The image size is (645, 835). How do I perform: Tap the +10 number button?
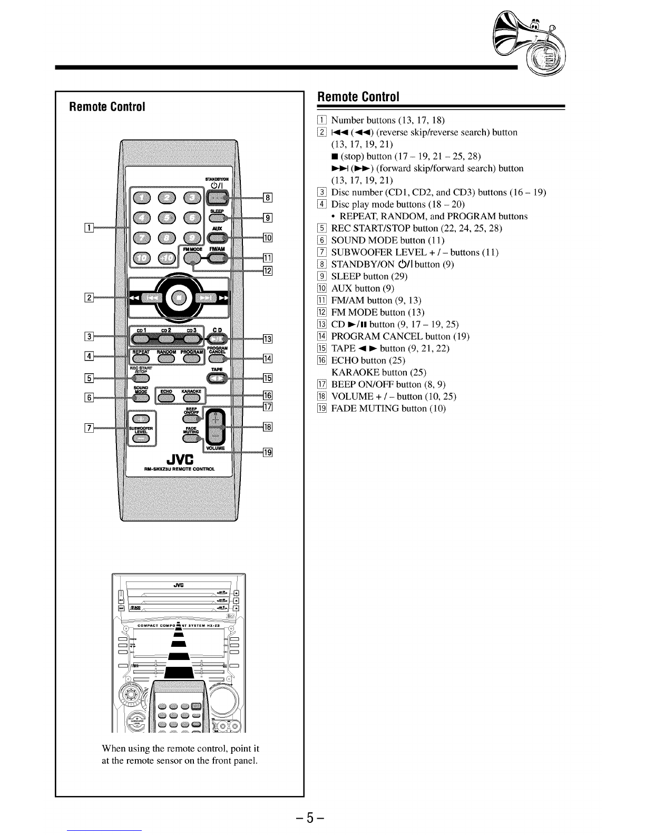point(169,257)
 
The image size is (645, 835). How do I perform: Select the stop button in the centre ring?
point(174,297)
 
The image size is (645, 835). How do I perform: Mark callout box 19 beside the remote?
point(268,452)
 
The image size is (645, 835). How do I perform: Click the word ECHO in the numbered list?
point(345,361)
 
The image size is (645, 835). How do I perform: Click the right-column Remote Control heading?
point(357,98)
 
